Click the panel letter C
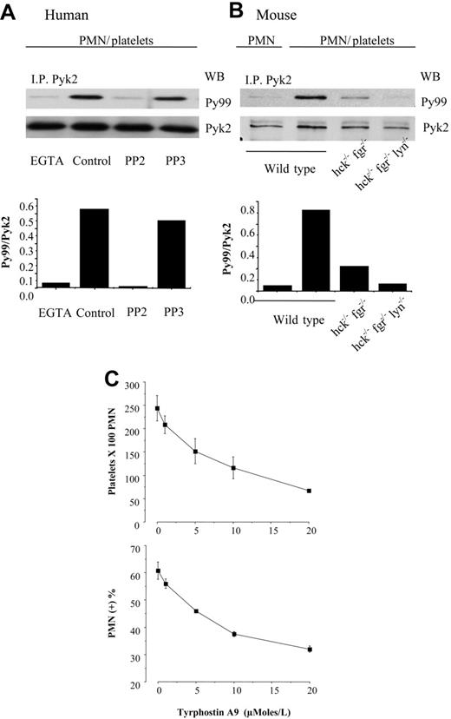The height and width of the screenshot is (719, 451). (x=110, y=356)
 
